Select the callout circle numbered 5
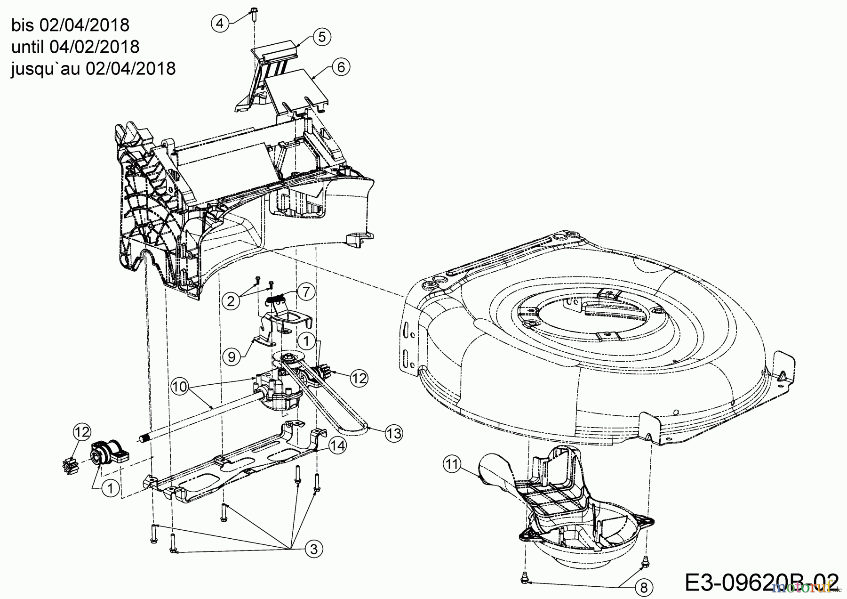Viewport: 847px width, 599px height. point(322,36)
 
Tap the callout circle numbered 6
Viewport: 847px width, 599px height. point(341,67)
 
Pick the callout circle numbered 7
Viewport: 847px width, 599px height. point(306,292)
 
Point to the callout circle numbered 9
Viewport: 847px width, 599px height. point(232,356)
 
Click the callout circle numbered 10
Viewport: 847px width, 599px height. point(179,387)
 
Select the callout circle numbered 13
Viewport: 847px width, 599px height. point(394,433)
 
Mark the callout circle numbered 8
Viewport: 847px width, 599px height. point(644,587)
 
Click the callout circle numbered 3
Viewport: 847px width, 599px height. point(314,549)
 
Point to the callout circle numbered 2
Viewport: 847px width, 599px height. point(231,301)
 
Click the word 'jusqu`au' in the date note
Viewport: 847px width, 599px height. point(46,69)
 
